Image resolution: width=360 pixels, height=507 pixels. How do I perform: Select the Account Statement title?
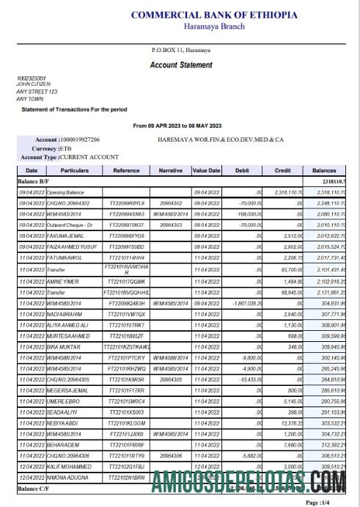point(181,65)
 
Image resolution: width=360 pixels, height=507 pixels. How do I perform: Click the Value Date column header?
point(206,169)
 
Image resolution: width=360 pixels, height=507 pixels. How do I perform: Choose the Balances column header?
point(324,169)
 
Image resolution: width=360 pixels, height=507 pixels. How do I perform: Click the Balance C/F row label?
point(35,487)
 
